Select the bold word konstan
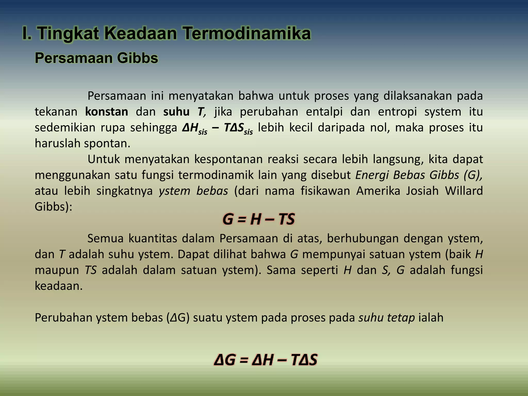click(x=106, y=112)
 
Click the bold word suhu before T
click(x=176, y=112)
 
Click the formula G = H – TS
click(x=258, y=219)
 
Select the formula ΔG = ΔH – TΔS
click(x=266, y=360)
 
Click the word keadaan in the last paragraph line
click(x=59, y=286)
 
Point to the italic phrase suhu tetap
click(x=386, y=318)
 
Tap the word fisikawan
click(x=325, y=191)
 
